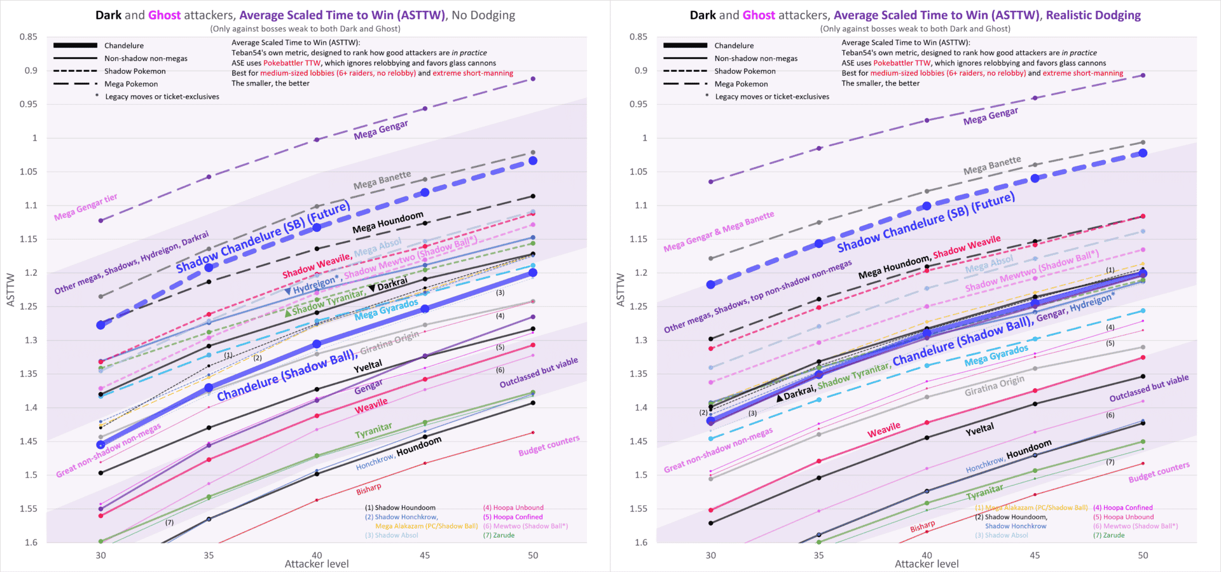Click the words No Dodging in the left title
pos(483,15)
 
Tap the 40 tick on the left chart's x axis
pos(317,555)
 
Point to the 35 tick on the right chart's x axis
pos(818,555)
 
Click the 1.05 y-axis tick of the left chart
pos(28,172)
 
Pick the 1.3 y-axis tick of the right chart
pos(638,340)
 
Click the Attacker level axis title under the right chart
pos(927,564)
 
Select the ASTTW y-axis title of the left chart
pos(11,290)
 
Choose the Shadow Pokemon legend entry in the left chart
pos(135,71)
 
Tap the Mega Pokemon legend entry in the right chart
pos(741,84)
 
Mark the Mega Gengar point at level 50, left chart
pos(533,79)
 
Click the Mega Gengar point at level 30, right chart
pos(711,182)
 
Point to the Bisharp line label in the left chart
pos(369,489)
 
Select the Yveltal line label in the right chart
pos(979,430)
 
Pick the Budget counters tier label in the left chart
pos(549,446)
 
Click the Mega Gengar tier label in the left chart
pos(86,207)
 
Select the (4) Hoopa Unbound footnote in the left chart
pos(513,508)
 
